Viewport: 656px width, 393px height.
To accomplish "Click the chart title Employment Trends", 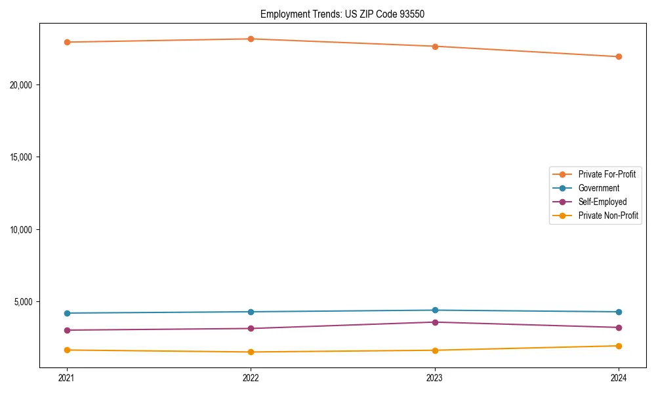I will coord(342,14).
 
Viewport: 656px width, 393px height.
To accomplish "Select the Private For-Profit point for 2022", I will coord(251,39).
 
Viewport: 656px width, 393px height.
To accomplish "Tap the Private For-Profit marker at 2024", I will coord(619,56).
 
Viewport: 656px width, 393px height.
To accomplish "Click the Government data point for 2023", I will coord(435,310).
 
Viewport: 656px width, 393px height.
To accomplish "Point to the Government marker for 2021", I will coord(66,313).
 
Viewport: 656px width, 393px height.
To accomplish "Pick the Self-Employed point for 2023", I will coord(435,322).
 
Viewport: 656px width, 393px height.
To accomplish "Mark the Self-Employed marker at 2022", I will coord(251,328).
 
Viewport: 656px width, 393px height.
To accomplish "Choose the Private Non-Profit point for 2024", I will coord(619,346).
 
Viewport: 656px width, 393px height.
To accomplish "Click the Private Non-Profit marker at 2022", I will coord(251,352).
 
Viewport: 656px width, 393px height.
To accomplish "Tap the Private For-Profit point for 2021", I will coord(66,42).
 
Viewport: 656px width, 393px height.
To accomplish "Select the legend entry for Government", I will coord(598,188).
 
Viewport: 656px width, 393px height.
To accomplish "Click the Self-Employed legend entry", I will coord(602,202).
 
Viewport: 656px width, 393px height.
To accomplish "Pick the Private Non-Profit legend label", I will coord(608,215).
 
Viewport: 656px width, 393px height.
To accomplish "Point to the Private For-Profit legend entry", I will coord(607,174).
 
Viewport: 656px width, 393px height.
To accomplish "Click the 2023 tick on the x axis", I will coord(435,377).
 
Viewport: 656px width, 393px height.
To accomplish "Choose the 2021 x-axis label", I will coord(66,377).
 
